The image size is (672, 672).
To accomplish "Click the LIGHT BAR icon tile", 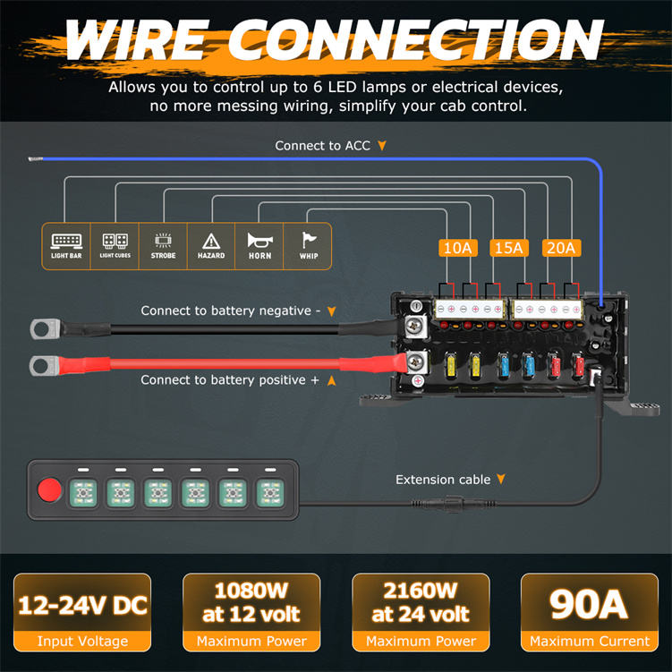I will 66,246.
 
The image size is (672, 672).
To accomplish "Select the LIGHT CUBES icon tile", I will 115,246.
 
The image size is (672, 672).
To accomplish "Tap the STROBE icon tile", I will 163,246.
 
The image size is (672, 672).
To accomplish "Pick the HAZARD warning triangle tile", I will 211,246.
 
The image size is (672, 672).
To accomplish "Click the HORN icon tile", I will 259,246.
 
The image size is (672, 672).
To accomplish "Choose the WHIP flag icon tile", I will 308,246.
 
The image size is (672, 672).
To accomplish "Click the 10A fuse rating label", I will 457,248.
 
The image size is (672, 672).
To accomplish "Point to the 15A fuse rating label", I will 507,248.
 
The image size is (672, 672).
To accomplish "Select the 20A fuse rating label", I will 561,248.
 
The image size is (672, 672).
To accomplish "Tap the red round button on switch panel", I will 48,490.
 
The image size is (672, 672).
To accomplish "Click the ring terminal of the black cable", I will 43,328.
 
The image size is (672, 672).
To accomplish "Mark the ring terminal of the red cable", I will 43,364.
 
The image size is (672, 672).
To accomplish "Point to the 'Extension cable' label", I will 443,480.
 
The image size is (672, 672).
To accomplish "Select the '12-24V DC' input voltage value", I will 82,606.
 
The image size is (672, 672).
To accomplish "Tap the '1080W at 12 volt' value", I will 251,602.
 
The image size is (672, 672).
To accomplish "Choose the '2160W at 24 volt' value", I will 421,602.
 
